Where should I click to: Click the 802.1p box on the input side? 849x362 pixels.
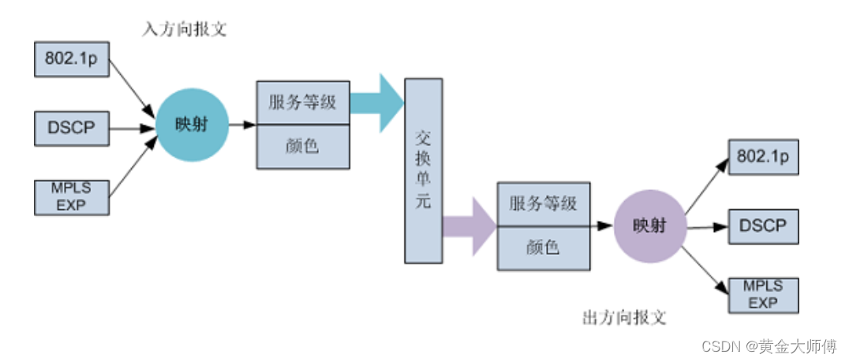pos(71,60)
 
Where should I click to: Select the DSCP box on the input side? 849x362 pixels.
pos(71,128)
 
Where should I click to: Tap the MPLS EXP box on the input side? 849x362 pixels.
pos(71,196)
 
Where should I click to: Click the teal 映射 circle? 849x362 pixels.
pos(193,125)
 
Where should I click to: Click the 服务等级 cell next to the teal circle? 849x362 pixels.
pos(303,102)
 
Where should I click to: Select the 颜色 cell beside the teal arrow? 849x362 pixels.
pos(303,146)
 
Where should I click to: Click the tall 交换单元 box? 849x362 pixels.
pos(423,170)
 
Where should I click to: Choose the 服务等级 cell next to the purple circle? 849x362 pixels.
pos(543,203)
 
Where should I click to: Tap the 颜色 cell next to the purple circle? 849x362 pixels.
pos(543,248)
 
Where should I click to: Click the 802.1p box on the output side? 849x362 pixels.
pos(763,156)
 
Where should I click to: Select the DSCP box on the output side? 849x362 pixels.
pos(763,226)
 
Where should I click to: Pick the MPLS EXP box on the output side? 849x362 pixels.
pos(763,295)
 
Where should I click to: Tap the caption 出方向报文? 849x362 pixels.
pos(624,319)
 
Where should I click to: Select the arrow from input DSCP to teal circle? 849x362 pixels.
pos(131,128)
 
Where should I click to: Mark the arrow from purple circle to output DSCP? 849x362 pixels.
pos(706,227)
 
